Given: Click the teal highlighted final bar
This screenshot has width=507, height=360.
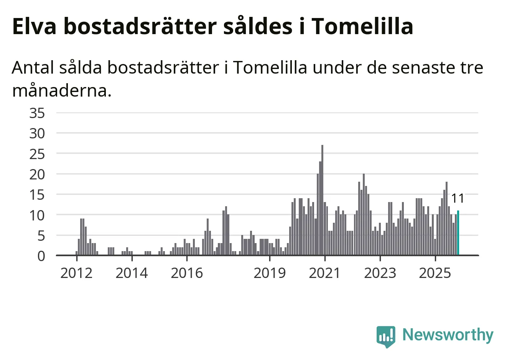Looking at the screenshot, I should pos(458,233).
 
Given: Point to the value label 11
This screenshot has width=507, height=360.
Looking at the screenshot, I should pos(458,199).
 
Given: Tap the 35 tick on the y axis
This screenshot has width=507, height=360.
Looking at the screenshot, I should pos(37,113).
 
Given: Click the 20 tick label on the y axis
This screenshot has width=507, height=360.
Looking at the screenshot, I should pos(37,174).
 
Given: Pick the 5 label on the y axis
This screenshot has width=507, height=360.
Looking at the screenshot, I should pos(41,236).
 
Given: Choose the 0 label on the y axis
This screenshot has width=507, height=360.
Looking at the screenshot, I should pos(41,256).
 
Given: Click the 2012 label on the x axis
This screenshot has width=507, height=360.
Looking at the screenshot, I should pos(76,273).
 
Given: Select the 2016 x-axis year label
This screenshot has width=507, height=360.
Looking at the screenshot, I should pos(187,273).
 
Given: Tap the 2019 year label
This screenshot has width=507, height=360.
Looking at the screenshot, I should pos(270,273).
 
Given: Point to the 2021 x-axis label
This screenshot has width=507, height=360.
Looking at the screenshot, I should pos(325,273).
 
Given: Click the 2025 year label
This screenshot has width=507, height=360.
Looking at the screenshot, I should pos(435,273).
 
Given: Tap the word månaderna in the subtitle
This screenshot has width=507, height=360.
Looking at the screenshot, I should pos(62,91).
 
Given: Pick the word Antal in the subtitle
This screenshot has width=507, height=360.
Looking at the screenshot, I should pos(33,68).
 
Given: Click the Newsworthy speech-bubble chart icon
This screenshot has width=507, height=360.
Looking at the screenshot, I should pos(386,336).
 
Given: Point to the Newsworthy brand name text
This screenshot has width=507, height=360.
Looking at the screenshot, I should pos(448,335).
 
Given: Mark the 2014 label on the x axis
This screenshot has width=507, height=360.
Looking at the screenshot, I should pos(132,273).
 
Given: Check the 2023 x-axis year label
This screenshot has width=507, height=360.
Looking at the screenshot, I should pos(380,273).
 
